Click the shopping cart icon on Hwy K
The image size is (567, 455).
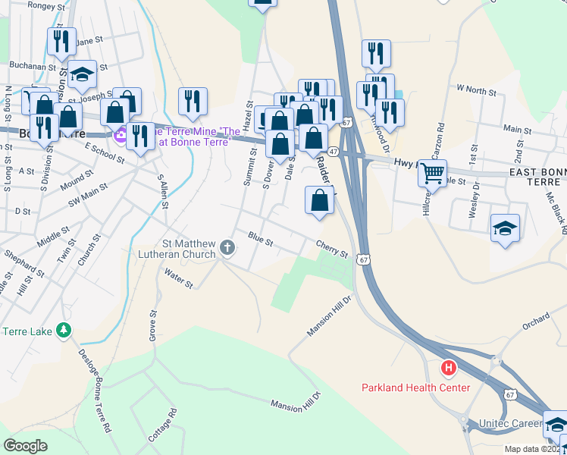click(432, 173)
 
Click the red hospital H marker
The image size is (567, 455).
click(449, 369)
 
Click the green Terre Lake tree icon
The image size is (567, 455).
click(64, 331)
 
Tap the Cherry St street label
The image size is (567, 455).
click(332, 248)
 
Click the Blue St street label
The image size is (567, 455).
click(260, 240)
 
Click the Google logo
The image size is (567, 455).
click(25, 446)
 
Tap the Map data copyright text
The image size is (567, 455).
click(534, 449)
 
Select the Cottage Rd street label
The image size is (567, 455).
click(162, 425)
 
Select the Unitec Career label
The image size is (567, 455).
click(510, 423)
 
